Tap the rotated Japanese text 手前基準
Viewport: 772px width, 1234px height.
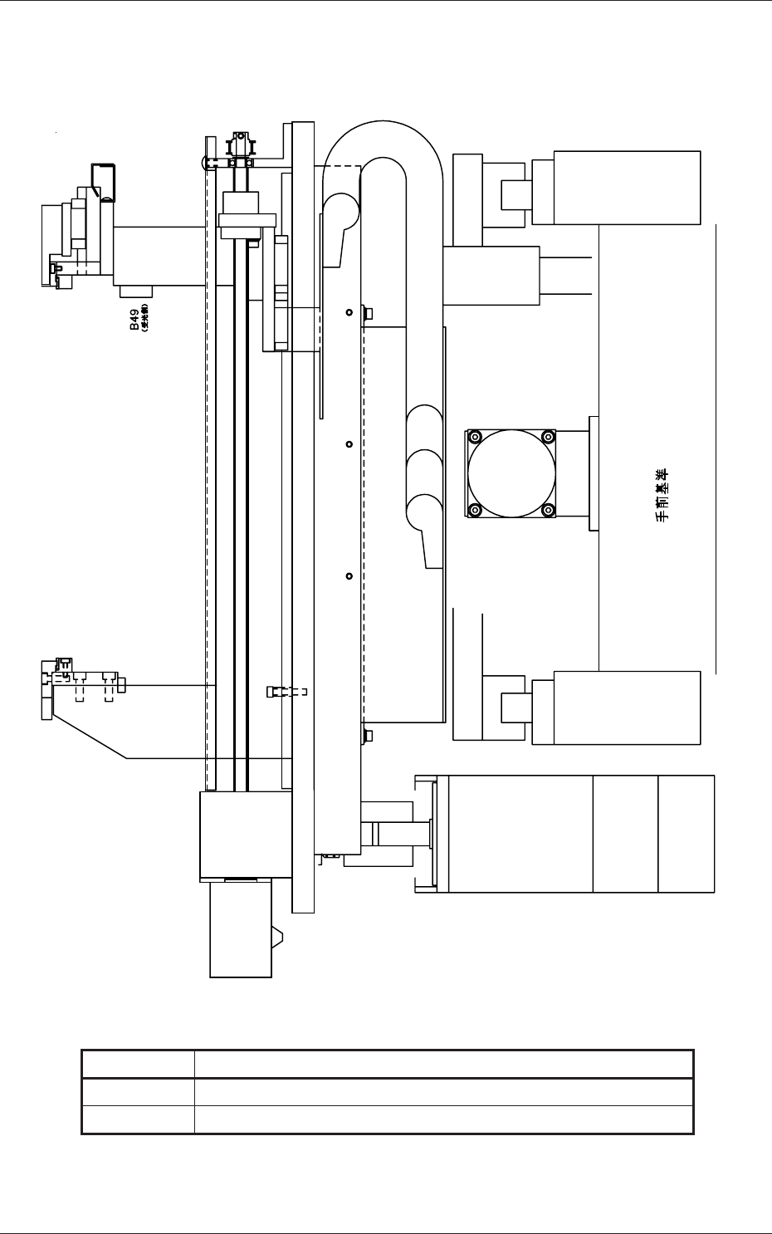[x=662, y=495]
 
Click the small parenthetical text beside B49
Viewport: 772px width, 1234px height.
[x=144, y=319]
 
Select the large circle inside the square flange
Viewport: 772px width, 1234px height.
[x=511, y=473]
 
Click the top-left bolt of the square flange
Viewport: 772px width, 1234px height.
[x=476, y=438]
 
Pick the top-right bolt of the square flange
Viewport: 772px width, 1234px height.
[x=548, y=438]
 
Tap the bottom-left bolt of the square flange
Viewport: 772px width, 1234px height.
[x=476, y=510]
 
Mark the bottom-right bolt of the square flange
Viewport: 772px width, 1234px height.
[x=548, y=510]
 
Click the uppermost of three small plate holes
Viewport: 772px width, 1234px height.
[x=349, y=312]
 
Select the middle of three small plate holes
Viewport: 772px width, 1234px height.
[x=349, y=444]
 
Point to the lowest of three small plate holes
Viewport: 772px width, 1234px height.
[x=349, y=576]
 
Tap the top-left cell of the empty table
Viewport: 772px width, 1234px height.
[x=138, y=1065]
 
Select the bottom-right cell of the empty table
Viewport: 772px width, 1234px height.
[x=443, y=1119]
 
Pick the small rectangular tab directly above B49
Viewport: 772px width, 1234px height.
[x=136, y=291]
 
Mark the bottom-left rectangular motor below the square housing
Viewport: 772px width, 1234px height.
[x=241, y=930]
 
